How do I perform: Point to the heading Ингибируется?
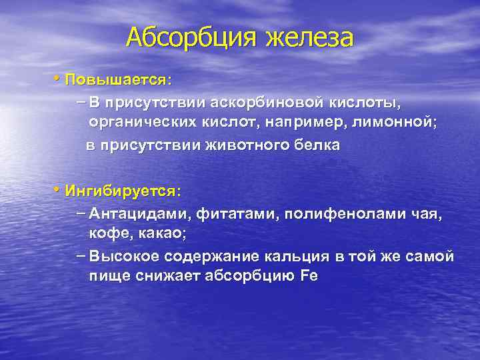point(123,191)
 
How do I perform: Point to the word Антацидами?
point(139,214)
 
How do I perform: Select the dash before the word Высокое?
point(82,256)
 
